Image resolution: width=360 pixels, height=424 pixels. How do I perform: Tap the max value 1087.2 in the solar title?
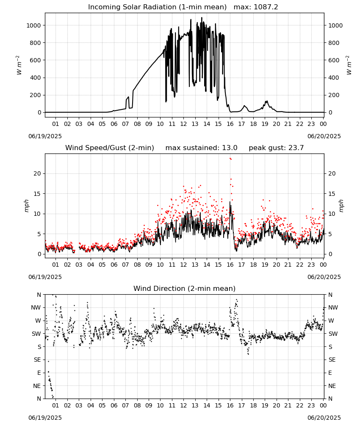pos(266,7)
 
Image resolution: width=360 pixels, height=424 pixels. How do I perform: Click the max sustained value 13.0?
pos(230,148)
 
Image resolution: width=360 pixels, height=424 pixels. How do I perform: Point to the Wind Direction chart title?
pos(185,288)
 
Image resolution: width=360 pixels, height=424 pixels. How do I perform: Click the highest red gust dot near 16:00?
pos(230,159)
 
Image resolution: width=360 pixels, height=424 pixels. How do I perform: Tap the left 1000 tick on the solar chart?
pos(33,25)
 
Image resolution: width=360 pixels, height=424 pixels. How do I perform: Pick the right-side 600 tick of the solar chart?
pos(334,60)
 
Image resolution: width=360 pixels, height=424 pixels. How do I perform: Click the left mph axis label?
pos(26,206)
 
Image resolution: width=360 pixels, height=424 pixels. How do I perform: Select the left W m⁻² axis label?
pos(18,65)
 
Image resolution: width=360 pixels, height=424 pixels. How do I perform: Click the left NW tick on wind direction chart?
pos(36,308)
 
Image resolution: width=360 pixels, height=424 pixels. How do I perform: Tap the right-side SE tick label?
pos(332,360)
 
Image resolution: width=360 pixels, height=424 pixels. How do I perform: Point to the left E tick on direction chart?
pos(39,373)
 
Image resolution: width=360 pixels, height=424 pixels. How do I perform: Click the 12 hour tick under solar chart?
pos(184,124)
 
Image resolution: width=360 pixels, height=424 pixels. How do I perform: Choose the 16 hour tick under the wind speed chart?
pos(230,265)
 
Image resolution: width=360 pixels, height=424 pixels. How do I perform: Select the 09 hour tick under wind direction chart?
pos(149,406)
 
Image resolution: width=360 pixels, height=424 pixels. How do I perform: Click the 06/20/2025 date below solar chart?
pos(324,136)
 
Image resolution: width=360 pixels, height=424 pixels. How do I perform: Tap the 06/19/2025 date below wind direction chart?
pos(45,418)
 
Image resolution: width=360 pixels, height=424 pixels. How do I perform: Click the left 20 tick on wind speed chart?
pos(37,173)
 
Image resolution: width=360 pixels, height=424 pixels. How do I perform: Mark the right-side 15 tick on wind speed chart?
pos(332,194)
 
